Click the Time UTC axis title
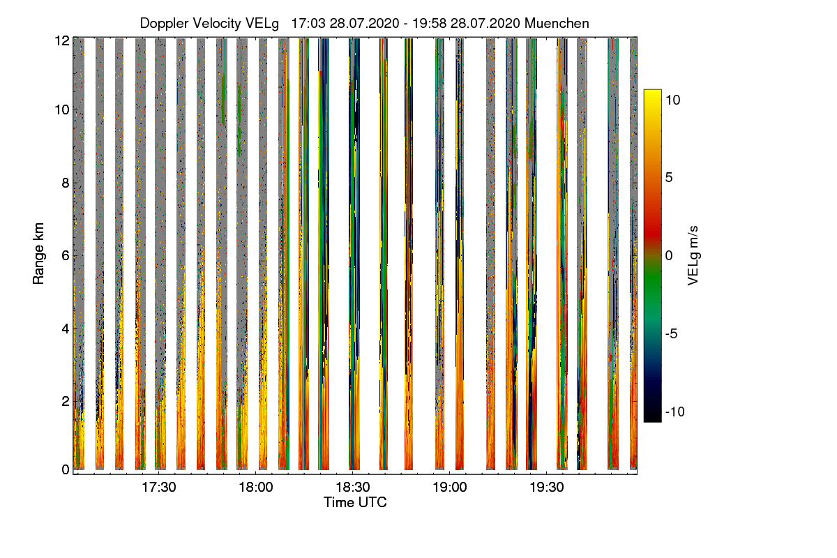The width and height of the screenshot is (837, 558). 355,502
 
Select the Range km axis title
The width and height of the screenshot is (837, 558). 39,255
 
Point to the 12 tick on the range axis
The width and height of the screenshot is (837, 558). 61,40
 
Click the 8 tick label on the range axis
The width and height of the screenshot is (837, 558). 65,183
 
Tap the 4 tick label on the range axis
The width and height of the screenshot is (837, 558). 65,328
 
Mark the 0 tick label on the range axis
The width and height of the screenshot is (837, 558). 65,470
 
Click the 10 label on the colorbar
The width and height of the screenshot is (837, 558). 673,100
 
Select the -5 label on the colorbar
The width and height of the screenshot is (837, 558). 673,334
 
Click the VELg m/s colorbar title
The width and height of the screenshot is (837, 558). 693,255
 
